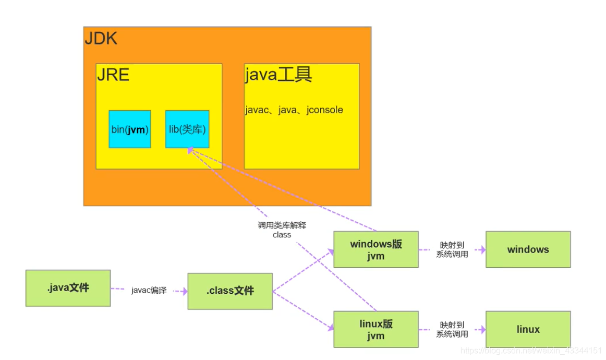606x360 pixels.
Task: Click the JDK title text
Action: tap(101, 39)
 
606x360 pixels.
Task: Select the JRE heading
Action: tap(113, 75)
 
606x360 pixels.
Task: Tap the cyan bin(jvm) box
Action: tap(130, 129)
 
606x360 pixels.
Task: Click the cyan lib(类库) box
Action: tap(187, 129)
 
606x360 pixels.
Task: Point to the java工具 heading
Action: tap(278, 75)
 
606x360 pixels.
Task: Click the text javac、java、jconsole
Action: tap(294, 110)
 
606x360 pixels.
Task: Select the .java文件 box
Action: tap(68, 287)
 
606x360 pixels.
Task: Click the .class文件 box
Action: tap(230, 291)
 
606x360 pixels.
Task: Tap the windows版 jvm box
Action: tap(375, 250)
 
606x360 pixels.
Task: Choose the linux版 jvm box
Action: tap(375, 329)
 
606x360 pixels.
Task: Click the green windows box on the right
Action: tap(528, 249)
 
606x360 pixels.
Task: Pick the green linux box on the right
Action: tap(528, 329)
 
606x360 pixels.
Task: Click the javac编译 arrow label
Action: tap(149, 291)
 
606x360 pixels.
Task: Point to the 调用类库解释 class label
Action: tap(282, 230)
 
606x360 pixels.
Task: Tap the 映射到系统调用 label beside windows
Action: tap(452, 249)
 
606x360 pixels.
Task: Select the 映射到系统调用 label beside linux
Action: tap(452, 329)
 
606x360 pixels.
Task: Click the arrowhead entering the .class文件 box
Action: tap(184, 291)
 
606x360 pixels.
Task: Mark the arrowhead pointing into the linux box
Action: tap(482, 329)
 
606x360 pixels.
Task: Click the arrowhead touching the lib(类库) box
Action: tap(190, 150)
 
